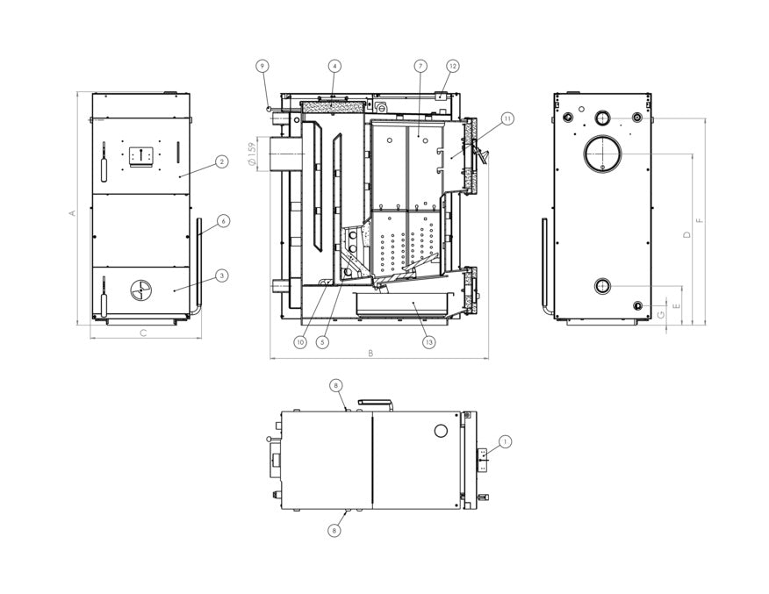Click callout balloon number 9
[262, 66]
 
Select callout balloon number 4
[334, 66]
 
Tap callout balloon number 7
[420, 66]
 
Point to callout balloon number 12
[453, 66]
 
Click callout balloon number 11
[507, 118]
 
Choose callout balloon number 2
[222, 161]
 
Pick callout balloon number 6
[223, 221]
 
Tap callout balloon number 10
[300, 342]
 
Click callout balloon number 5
[322, 342]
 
